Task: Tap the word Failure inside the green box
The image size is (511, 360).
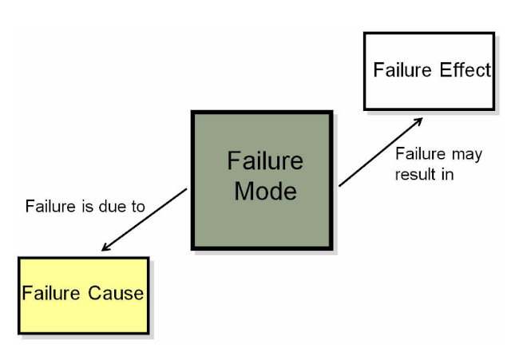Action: [265, 160]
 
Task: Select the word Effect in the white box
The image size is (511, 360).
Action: [465, 70]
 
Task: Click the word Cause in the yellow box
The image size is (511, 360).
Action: [117, 293]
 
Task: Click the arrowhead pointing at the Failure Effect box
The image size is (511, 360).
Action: [418, 121]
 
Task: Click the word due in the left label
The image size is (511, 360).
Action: [113, 207]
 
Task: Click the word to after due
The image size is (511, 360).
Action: [138, 207]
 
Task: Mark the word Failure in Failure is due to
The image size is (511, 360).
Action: [51, 207]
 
